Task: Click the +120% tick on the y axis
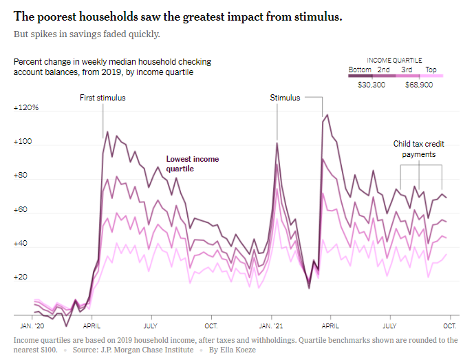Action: (26, 108)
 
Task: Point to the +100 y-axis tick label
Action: (23, 142)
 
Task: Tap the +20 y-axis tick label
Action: (21, 277)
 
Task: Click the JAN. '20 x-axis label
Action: (33, 325)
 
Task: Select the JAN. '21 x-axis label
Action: (270, 325)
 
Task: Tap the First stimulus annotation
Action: (103, 98)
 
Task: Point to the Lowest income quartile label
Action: (193, 164)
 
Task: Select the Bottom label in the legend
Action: (360, 70)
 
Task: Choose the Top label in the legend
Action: (431, 70)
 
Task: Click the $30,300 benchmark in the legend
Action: (371, 85)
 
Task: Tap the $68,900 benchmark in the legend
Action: (418, 85)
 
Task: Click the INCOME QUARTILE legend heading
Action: (395, 60)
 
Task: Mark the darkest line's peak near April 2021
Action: (327, 115)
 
